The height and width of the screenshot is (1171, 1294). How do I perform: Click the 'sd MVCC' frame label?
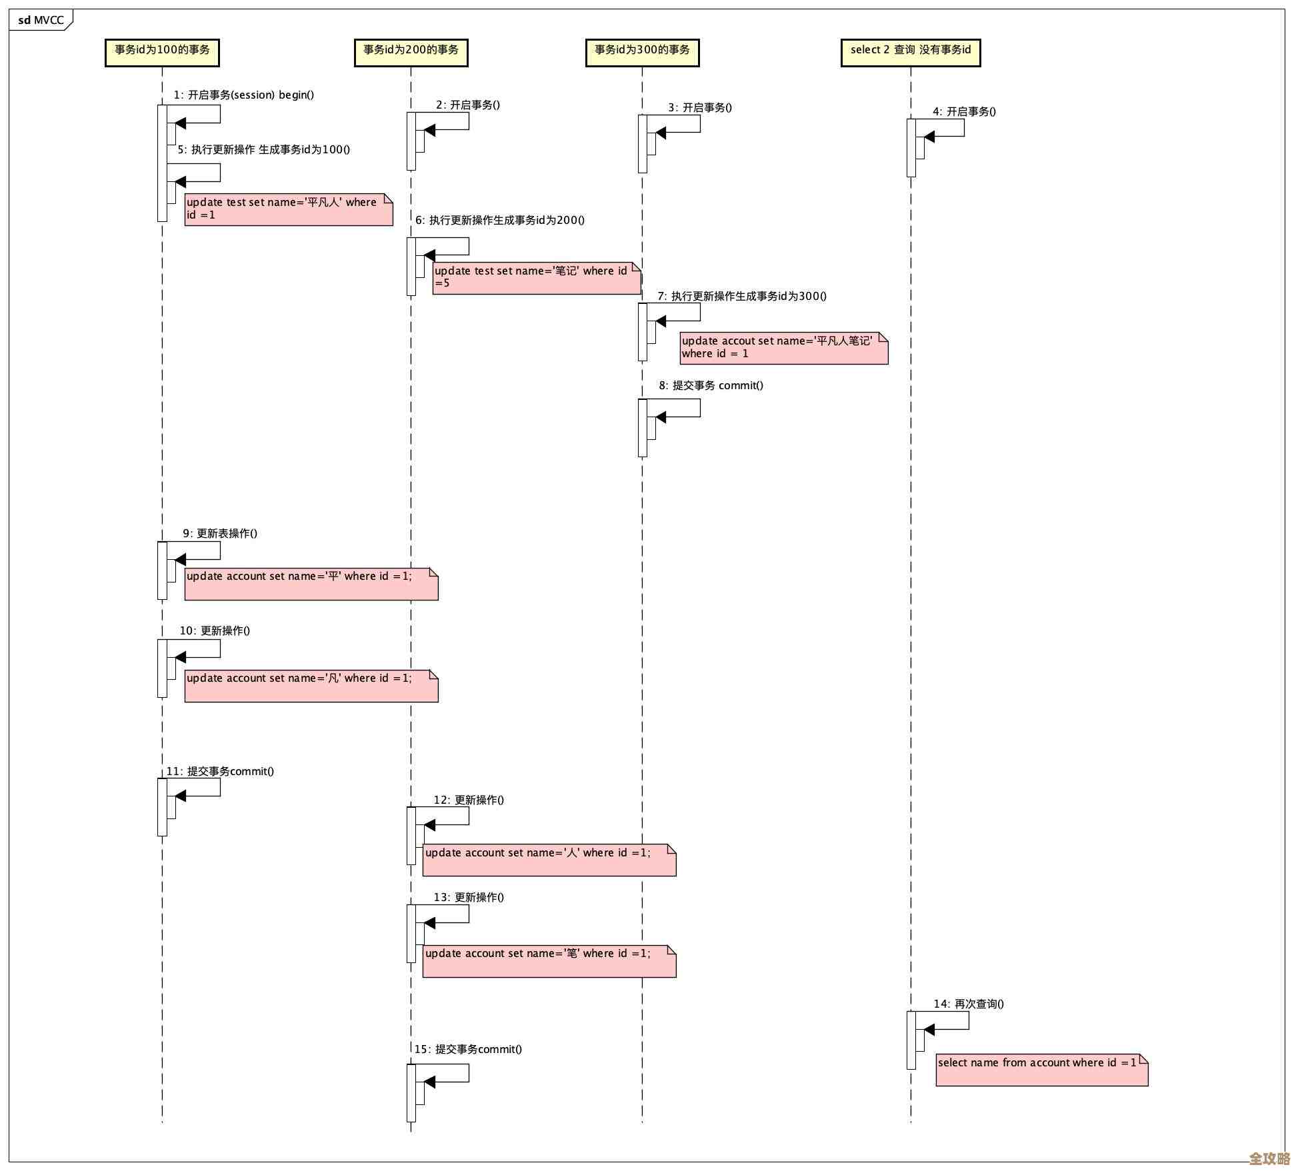(x=40, y=20)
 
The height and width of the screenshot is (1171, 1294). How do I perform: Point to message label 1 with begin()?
(x=244, y=95)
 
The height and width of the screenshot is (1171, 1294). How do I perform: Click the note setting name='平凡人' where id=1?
(x=288, y=209)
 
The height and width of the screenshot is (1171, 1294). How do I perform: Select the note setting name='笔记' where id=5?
(x=536, y=277)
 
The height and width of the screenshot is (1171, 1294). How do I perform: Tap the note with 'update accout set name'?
(x=783, y=348)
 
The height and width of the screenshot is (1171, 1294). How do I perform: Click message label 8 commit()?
(x=711, y=385)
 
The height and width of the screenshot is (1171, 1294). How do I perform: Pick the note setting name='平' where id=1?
(x=311, y=583)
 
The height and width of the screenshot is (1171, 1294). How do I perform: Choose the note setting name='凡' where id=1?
(x=311, y=685)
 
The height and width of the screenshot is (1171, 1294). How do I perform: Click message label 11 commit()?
(x=220, y=771)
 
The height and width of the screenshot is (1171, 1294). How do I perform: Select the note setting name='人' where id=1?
(x=549, y=860)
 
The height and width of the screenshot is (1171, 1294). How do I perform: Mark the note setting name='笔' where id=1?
(x=549, y=961)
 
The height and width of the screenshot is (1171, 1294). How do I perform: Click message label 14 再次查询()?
(x=969, y=1004)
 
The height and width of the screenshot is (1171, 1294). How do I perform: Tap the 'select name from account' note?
(x=1041, y=1070)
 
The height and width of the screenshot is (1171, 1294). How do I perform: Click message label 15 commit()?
(x=468, y=1049)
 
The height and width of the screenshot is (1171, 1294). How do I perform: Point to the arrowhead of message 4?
(x=929, y=137)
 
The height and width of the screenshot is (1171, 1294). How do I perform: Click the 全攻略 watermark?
(x=1269, y=1158)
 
